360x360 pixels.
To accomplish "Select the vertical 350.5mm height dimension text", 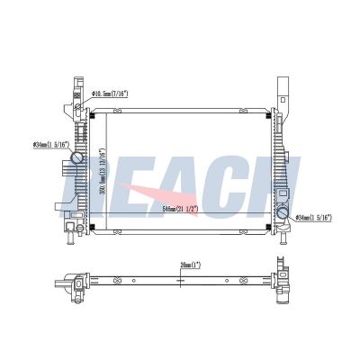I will (104, 171).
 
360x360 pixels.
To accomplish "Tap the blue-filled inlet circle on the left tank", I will (78, 158).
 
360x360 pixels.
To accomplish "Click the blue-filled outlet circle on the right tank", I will (283, 214).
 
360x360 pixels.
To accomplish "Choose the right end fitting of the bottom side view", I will (286, 283).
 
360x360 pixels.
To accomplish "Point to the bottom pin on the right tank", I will (284, 236).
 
